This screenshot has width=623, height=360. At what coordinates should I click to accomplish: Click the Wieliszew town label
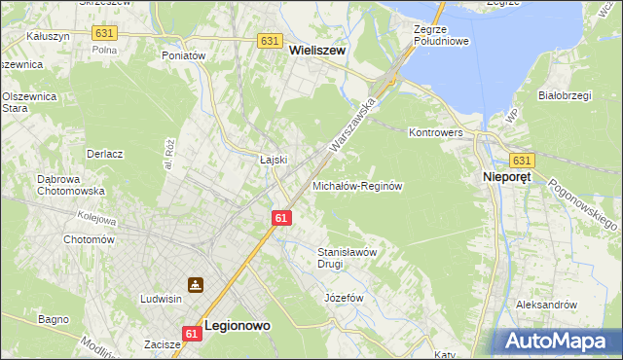[x=317, y=58]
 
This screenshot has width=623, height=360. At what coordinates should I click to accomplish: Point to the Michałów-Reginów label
[x=356, y=185]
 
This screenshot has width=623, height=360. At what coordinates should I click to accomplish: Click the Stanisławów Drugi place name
[x=348, y=257]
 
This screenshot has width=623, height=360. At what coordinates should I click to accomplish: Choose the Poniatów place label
[x=185, y=56]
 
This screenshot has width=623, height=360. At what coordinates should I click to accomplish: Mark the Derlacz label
[x=104, y=154]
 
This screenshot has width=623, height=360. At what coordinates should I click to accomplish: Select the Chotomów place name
[x=89, y=239]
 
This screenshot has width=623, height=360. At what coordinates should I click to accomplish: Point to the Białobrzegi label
[x=567, y=95]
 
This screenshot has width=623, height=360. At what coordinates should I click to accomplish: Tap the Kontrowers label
[x=434, y=131]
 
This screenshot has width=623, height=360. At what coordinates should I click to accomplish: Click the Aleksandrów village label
[x=546, y=305]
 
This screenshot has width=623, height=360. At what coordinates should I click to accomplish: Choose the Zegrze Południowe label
[x=441, y=35]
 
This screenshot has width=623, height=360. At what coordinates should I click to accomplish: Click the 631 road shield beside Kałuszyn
[x=105, y=33]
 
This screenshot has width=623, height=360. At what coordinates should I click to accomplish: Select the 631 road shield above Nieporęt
[x=522, y=161]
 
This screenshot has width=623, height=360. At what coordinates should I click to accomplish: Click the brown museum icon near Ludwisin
[x=197, y=285]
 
